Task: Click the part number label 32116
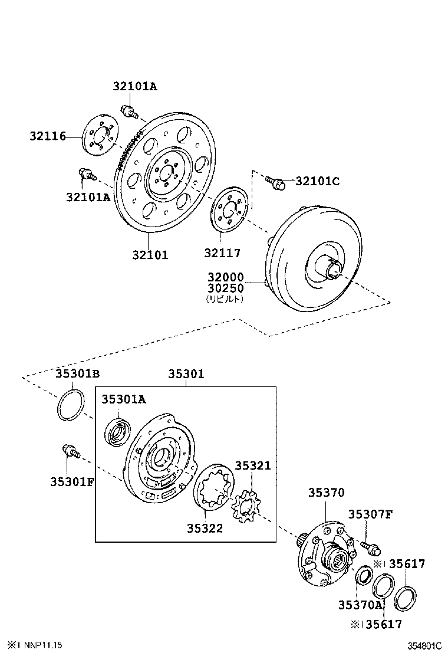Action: point(48,137)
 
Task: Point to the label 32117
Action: point(223,253)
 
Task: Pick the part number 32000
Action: point(225,277)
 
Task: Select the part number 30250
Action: point(225,288)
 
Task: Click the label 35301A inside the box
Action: point(123,399)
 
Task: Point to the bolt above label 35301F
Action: point(70,451)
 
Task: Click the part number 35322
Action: point(205,528)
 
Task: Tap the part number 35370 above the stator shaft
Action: point(326,493)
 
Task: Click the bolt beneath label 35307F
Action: point(370,547)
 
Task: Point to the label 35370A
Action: point(361,605)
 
